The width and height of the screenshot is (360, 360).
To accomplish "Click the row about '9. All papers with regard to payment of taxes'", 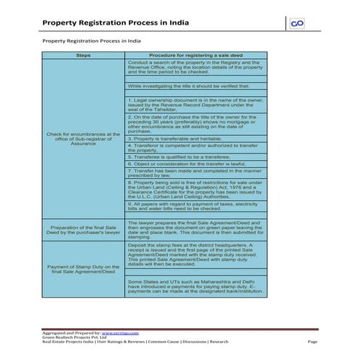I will pyautogui.click(x=195, y=207).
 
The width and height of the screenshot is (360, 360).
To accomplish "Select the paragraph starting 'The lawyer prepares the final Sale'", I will pyautogui.click(x=195, y=229).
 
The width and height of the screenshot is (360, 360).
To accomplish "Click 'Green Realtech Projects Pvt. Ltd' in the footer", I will pyautogui.click(x=73, y=337).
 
